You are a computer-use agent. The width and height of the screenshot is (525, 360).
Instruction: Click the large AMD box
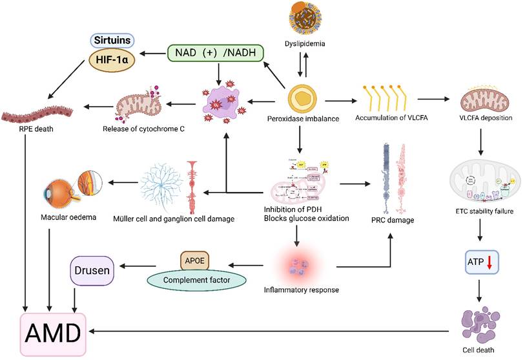[x=53, y=334]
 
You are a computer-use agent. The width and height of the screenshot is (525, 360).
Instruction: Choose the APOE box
[x=198, y=261]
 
